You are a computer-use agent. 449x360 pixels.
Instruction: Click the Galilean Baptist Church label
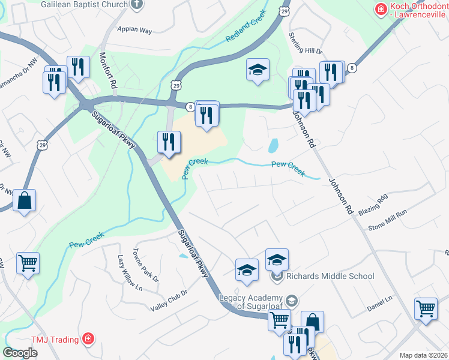[x=85, y=4]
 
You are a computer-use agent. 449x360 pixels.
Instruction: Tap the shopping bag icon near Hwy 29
[x=25, y=201]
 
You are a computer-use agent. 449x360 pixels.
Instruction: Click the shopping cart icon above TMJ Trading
[x=28, y=263]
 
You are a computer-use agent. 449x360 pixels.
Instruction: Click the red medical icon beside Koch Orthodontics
[x=380, y=8]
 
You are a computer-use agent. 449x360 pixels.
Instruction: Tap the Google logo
[x=20, y=353]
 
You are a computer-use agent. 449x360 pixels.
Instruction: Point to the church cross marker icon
[x=136, y=4]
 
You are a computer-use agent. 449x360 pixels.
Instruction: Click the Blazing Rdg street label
[x=373, y=206]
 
